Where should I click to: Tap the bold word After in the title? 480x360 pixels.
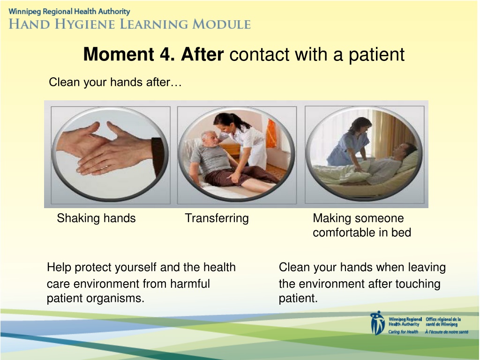[x=202, y=54]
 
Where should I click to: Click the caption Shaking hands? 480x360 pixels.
[x=96, y=218]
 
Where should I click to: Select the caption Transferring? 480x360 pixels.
[x=217, y=218]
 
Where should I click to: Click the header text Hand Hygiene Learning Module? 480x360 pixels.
[x=130, y=24]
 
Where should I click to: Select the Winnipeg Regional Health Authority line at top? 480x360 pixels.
[x=69, y=12]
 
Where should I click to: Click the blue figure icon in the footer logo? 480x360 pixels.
[x=377, y=323]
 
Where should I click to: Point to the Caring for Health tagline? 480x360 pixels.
[x=403, y=332]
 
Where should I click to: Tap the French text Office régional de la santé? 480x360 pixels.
[x=443, y=322]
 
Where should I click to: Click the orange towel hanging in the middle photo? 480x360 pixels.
[x=271, y=133]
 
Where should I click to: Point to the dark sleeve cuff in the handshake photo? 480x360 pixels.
[x=158, y=156]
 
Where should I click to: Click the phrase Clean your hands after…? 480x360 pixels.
[x=115, y=82]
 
